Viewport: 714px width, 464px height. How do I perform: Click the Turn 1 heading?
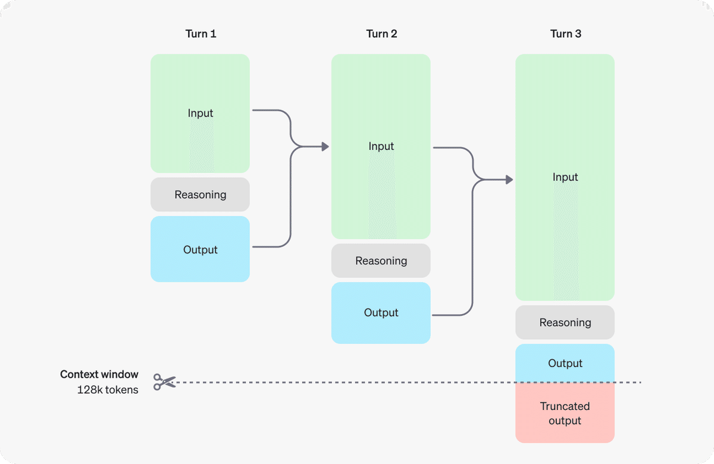(201, 34)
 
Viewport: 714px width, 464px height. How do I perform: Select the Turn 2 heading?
(381, 34)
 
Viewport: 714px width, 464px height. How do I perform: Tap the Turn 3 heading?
(565, 34)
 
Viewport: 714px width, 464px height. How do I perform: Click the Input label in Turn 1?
(201, 113)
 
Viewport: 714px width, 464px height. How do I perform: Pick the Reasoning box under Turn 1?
(201, 195)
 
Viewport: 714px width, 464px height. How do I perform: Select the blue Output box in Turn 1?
(201, 249)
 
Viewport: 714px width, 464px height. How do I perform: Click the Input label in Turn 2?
(381, 146)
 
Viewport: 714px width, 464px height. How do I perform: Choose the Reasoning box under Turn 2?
(381, 261)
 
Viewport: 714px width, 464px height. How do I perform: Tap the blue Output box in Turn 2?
(381, 313)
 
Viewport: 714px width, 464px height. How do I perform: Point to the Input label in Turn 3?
(565, 177)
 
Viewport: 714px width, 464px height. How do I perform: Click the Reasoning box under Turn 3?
(565, 322)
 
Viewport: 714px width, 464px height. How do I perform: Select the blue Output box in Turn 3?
(565, 363)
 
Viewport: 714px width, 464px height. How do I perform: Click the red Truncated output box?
(565, 413)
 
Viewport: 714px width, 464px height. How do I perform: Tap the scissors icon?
(165, 382)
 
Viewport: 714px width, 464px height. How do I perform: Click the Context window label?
(99, 375)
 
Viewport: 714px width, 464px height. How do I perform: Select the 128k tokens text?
(108, 390)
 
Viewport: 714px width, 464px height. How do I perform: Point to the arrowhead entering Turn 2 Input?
(325, 146)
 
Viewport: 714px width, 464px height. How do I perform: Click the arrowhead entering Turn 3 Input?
(509, 180)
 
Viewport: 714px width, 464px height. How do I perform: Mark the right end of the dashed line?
(640, 382)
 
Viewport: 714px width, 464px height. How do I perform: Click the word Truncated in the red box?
(565, 406)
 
